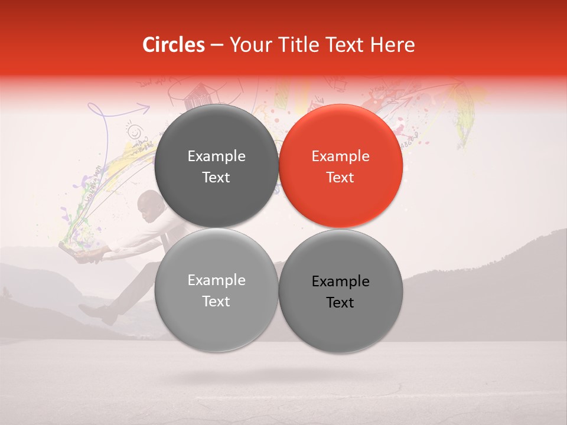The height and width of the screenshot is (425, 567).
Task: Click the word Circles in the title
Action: click(174, 45)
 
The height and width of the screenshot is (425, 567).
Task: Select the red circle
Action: click(341, 166)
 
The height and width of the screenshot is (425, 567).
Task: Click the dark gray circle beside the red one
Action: click(216, 166)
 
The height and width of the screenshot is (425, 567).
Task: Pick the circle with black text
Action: click(341, 291)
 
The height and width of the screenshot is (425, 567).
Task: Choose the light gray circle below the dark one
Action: click(216, 290)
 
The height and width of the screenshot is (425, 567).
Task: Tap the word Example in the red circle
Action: click(341, 156)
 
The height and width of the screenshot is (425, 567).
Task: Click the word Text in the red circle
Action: click(341, 178)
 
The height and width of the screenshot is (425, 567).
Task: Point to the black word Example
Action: click(341, 282)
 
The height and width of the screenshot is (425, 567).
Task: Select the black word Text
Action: click(341, 303)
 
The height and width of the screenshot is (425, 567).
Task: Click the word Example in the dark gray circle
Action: click(216, 156)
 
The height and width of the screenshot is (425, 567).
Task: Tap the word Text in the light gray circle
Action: click(216, 302)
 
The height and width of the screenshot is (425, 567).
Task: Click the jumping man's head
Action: click(147, 205)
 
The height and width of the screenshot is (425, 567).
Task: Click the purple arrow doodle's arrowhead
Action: click(145, 107)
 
